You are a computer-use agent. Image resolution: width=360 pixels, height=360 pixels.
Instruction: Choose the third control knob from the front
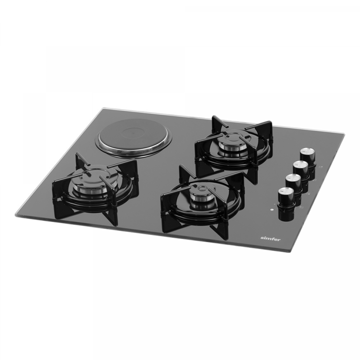point(301,173)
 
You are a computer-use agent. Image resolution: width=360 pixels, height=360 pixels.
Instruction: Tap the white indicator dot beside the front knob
point(272,209)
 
